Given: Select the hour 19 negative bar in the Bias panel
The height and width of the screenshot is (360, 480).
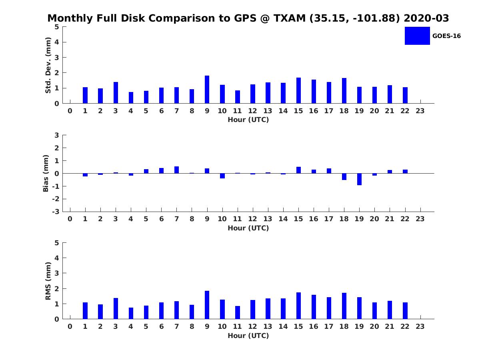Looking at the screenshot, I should [359, 179].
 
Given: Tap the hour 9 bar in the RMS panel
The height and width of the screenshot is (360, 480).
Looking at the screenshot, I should [207, 305].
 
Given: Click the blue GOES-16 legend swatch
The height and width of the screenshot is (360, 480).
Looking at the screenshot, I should [417, 36].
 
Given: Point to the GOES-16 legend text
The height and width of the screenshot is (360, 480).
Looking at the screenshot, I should [446, 36].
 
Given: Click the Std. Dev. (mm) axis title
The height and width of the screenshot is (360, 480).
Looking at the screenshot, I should [48, 65].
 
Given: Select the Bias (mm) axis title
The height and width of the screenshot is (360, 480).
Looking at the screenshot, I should [46, 173].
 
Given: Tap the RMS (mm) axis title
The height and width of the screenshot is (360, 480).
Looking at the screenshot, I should [48, 281].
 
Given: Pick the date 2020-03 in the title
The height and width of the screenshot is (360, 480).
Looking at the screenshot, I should [426, 18].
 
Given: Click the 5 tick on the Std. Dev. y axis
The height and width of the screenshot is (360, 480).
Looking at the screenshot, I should [57, 27].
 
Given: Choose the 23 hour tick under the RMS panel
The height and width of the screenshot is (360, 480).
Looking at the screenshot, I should [420, 326].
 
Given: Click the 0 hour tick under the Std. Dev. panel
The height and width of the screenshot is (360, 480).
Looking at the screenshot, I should [70, 111].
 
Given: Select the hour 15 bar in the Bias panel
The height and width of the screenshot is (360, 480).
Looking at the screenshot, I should [298, 170].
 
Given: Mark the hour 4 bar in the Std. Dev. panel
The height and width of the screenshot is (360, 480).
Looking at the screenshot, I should [131, 98].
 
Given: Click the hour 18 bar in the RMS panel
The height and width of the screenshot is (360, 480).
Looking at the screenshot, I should [344, 306].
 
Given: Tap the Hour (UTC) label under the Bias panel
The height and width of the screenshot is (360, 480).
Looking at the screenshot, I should [248, 228].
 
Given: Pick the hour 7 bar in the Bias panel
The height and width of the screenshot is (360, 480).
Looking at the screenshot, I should [176, 170].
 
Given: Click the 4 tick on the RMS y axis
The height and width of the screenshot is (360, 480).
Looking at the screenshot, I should [57, 258].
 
